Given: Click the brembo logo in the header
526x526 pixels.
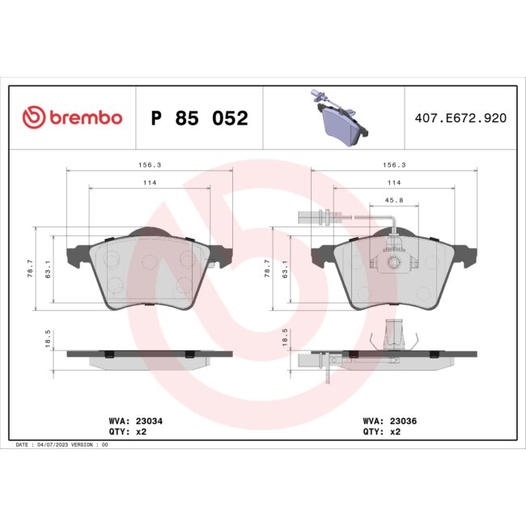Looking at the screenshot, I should (72, 118).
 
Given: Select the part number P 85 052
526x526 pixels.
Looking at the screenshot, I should (199, 119).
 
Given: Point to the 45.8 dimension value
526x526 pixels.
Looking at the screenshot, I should (394, 201).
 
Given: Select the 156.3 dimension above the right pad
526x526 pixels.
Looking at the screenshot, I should (394, 164).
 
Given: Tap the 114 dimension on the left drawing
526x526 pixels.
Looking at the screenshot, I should (150, 183).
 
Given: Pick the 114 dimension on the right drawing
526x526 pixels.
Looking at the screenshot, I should (394, 183).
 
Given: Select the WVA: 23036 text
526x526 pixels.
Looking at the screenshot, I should (392, 421).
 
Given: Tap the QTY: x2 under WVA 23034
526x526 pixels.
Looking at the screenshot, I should (127, 432).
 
